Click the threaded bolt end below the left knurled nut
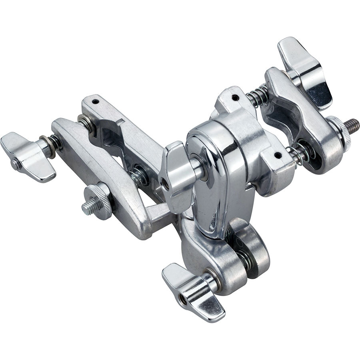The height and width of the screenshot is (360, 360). pos(89,207)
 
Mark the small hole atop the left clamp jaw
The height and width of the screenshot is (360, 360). pos(95,102)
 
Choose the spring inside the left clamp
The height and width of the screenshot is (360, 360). pos(138,176)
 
